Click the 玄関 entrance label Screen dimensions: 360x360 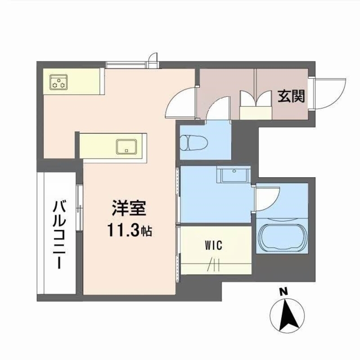tap(291, 96)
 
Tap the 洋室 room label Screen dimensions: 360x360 tap(129, 208)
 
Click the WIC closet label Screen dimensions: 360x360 tap(214, 245)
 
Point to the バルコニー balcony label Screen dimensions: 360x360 tap(60, 235)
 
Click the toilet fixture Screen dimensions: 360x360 tap(193, 142)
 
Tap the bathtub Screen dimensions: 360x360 tap(282, 237)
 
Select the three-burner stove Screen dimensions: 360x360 tap(58, 82)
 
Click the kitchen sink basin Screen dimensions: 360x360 tap(126, 147)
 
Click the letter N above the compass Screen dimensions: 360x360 tap(283, 291)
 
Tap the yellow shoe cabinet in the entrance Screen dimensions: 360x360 tap(255, 112)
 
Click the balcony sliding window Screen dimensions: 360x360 tap(79, 208)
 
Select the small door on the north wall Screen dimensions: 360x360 tap(153, 60)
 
